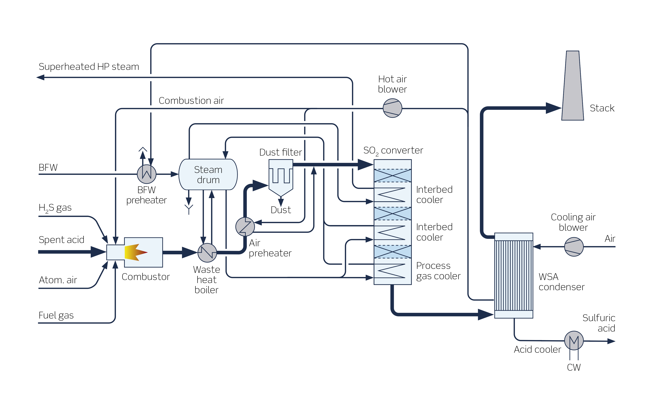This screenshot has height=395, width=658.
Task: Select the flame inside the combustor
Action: coord(135,252)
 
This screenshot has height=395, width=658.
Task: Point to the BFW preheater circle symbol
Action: coord(146,174)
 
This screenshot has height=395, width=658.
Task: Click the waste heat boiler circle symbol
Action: coord(207,253)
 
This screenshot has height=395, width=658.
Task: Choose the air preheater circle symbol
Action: coord(245,227)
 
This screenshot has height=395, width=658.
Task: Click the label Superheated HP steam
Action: coord(89,66)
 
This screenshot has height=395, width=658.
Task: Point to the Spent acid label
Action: coord(61,240)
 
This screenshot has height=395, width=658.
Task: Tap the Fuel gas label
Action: coord(56,315)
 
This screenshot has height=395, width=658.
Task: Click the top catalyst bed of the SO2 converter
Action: coord(392,176)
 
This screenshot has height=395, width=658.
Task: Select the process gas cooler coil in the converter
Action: coord(391,271)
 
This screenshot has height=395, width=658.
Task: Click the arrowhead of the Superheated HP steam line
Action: coord(40,77)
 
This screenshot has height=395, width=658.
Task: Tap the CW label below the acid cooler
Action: coord(573,367)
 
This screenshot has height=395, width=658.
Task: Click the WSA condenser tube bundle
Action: coord(513,275)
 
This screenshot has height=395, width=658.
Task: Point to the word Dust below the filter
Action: coord(280,210)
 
